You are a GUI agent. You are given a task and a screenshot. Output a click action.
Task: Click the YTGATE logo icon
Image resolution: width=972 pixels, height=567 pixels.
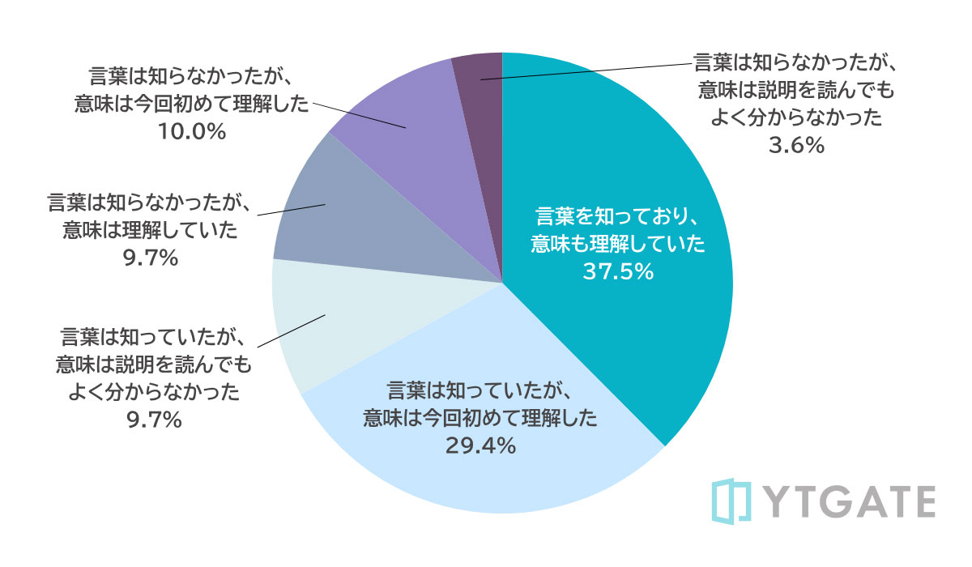pos(732,501)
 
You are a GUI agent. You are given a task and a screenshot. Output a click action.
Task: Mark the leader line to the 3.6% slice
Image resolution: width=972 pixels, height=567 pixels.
pos(583,70)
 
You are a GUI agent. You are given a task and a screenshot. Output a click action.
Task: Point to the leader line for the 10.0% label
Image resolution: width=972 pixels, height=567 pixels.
pos(356,115)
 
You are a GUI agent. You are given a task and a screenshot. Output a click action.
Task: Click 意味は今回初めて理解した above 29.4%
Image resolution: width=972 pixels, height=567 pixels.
pos(480,419)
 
